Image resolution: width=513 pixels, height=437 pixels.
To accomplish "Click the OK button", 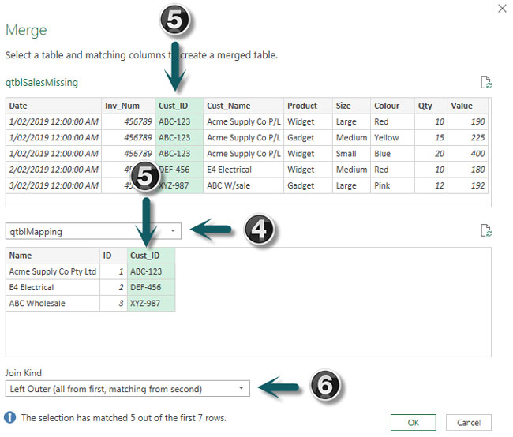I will click(413, 422).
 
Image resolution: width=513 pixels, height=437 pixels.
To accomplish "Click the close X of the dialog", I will click(502, 9).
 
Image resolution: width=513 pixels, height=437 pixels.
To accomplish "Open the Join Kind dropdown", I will click(127, 388).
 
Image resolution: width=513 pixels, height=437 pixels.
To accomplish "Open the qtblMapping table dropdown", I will click(93, 231).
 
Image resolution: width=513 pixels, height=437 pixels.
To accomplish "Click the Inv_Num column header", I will click(122, 106).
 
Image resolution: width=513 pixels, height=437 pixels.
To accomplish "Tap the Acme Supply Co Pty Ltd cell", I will click(52, 271).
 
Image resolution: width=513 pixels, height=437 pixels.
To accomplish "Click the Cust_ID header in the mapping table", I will click(150, 256).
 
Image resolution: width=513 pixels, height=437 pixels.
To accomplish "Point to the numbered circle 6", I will click(324, 386).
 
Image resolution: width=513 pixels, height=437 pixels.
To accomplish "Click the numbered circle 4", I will click(258, 230).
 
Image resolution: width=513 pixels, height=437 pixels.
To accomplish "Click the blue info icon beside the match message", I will click(10, 416).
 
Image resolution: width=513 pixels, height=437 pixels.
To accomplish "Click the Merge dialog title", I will click(26, 30).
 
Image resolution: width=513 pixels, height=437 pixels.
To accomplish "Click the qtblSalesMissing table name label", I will click(41, 82).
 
